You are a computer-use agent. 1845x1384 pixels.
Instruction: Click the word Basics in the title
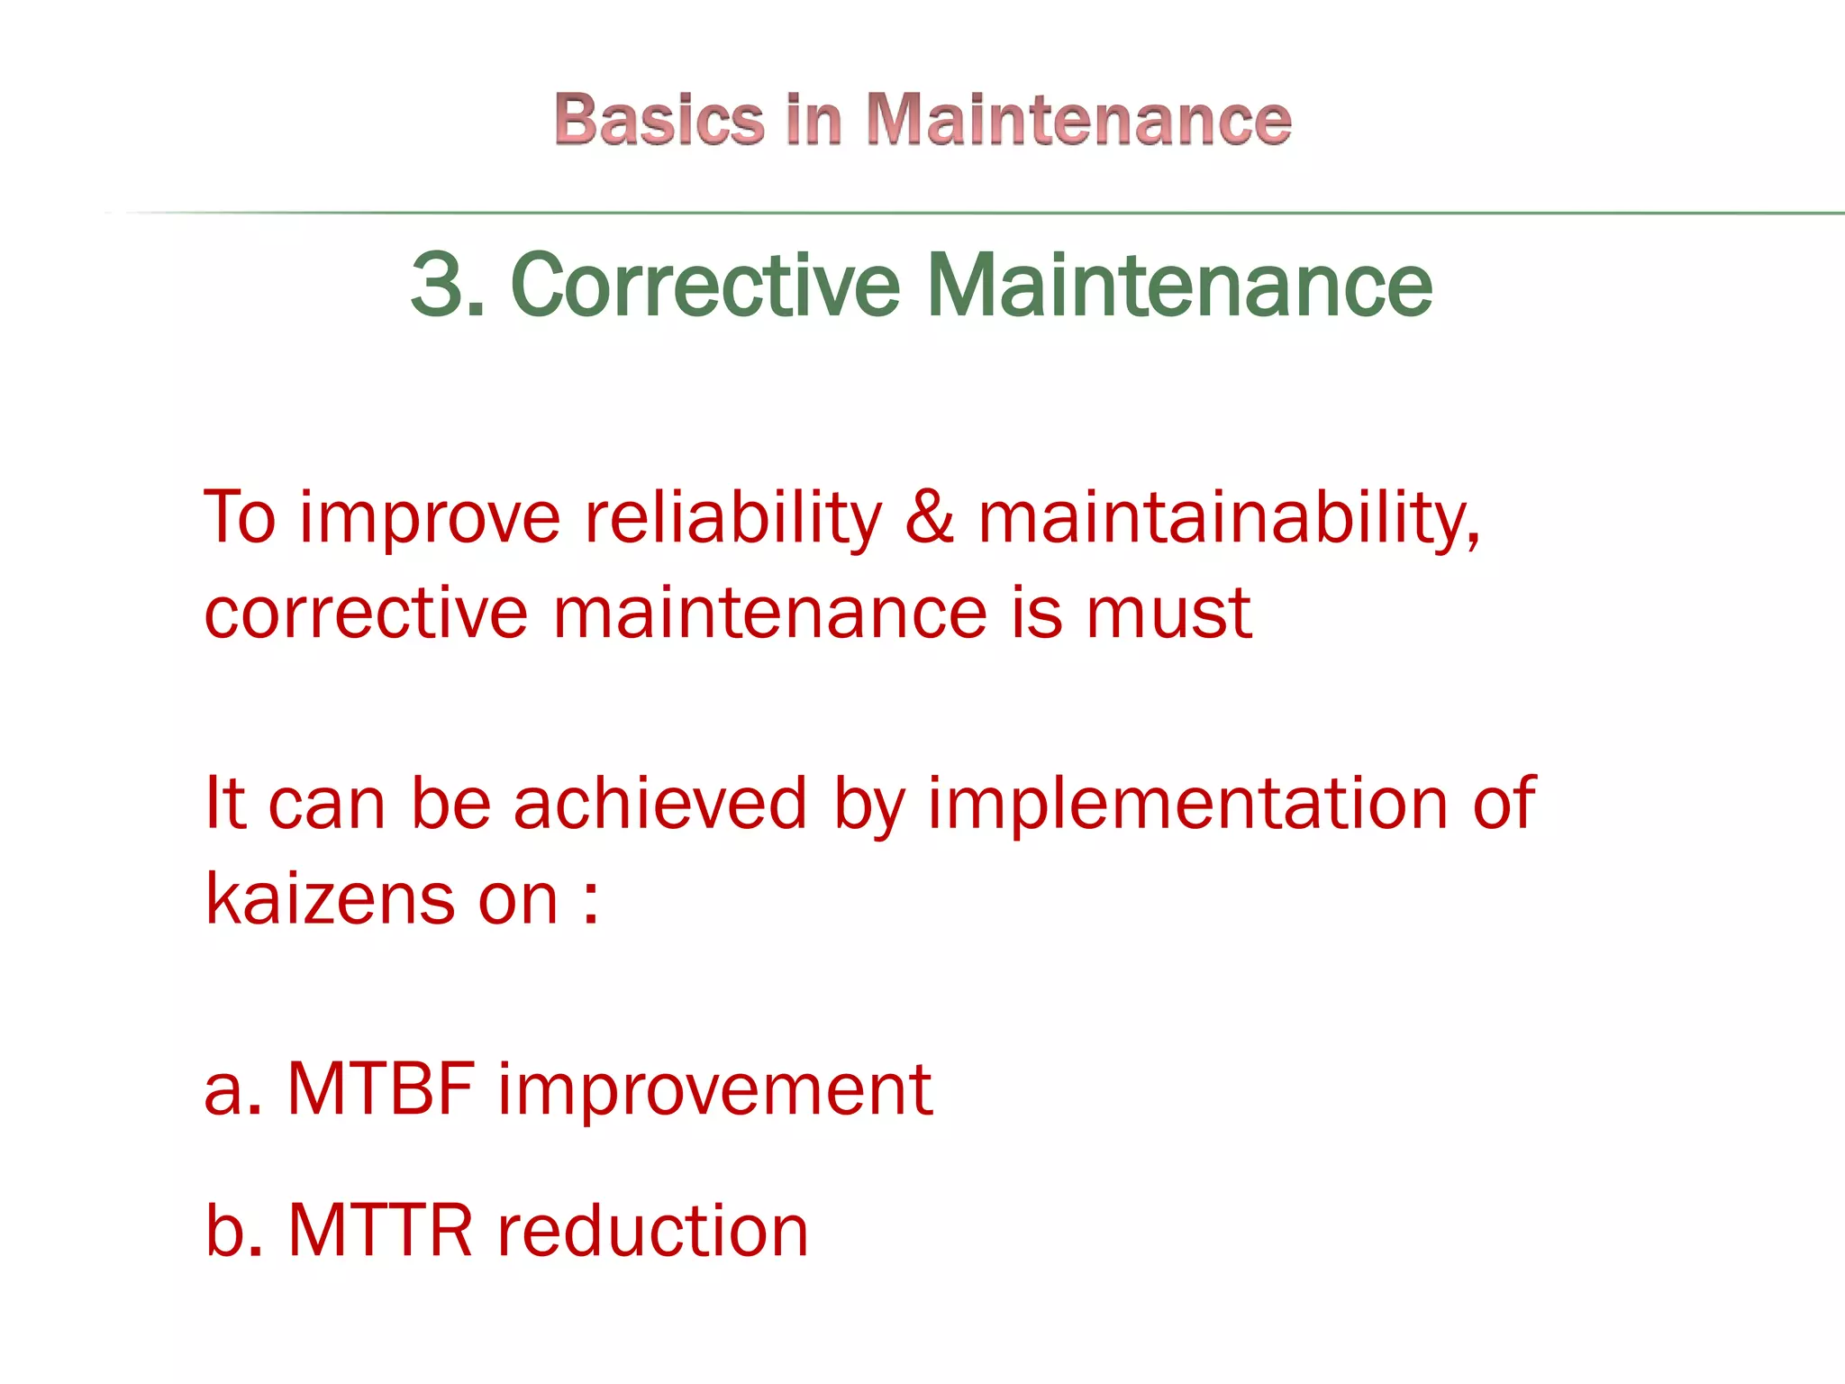tap(659, 119)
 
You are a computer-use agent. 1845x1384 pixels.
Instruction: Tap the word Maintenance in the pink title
tap(1078, 119)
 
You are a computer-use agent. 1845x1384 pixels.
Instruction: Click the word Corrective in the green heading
tap(705, 285)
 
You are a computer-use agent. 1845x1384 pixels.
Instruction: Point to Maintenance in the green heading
tap(1178, 285)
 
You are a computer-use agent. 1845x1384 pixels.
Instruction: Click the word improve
tap(430, 520)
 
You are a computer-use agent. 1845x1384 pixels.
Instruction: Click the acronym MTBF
tap(381, 1088)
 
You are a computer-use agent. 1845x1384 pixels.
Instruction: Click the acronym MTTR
tap(380, 1230)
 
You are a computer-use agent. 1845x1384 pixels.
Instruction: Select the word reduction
tap(653, 1230)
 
